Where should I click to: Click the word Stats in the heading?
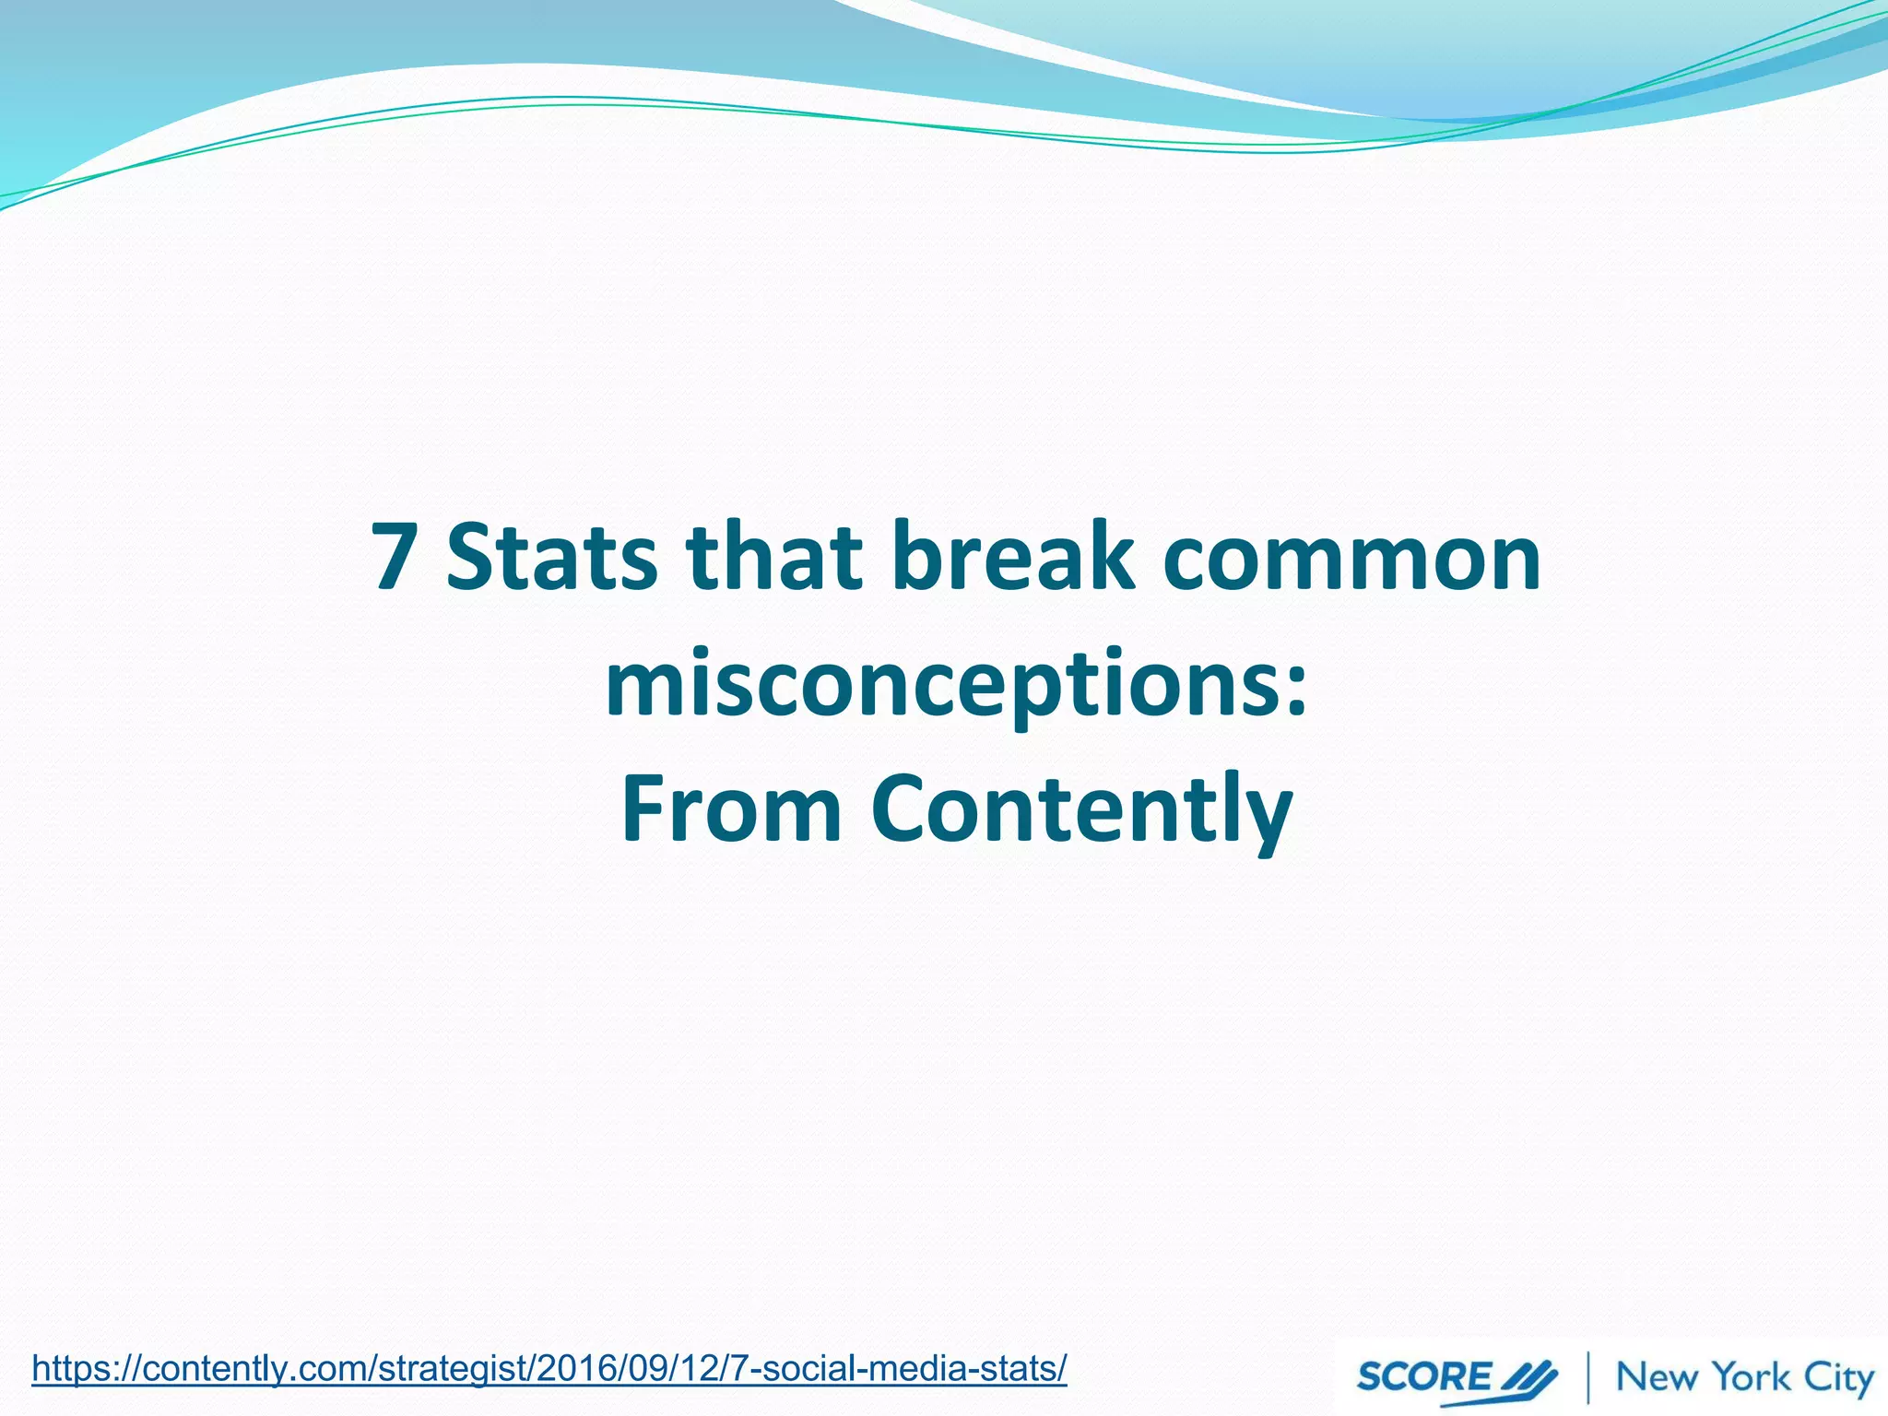[551, 557]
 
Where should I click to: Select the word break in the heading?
[1012, 557]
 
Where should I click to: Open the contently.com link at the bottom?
[549, 1369]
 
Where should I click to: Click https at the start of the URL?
[74, 1369]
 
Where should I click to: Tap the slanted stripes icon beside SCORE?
[1528, 1377]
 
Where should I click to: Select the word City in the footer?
[1837, 1379]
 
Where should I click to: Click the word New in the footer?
[1657, 1377]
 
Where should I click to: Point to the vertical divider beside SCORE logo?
[1588, 1377]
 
